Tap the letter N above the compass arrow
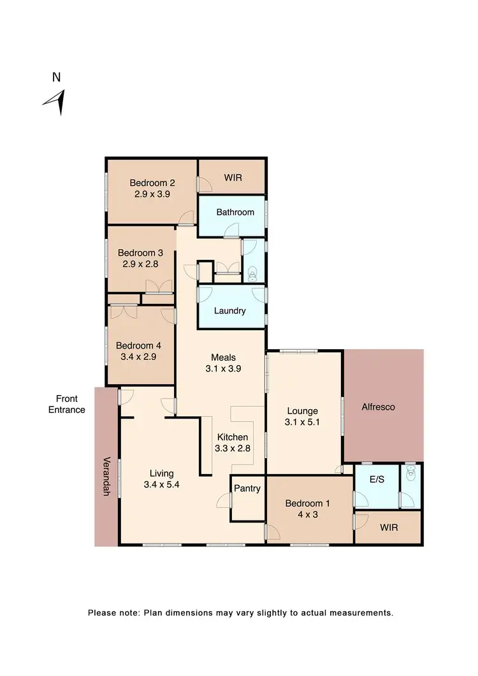57,78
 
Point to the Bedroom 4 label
138,346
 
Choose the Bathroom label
235,212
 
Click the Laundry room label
230,311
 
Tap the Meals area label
224,357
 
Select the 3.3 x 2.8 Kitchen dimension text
233,449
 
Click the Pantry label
247,489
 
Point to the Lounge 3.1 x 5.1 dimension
302,422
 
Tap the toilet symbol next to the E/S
411,472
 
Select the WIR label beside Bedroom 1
388,528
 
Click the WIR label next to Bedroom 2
233,178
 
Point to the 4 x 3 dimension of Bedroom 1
308,513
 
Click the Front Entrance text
67,404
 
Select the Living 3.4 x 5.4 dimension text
161,484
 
